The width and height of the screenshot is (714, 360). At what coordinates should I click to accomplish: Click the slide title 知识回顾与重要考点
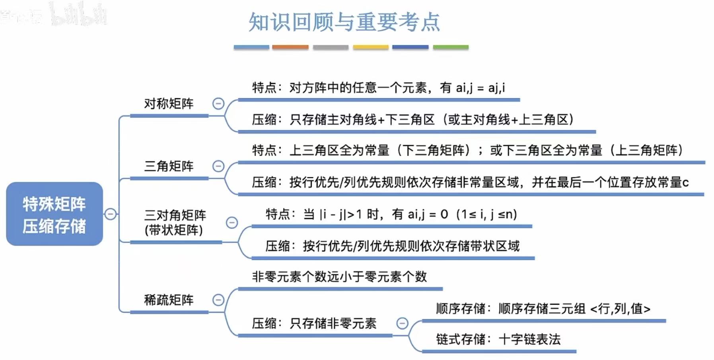coord(344,22)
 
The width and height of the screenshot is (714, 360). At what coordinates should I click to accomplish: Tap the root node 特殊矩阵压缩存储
coord(54,214)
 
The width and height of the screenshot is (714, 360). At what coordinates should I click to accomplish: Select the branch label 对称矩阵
coord(169,104)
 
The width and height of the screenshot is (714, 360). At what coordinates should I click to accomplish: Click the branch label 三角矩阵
coord(169,166)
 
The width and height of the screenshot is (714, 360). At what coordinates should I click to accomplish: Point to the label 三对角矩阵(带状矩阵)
coord(175,222)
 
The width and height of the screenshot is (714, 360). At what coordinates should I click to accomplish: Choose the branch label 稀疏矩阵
coord(169,300)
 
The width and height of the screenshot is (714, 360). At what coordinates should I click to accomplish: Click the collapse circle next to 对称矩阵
coord(218,104)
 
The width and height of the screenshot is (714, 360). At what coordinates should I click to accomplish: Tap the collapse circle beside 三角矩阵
coord(218,166)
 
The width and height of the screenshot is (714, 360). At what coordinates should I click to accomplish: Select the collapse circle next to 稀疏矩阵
coord(218,300)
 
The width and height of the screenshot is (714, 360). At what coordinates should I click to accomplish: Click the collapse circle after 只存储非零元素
coord(403,323)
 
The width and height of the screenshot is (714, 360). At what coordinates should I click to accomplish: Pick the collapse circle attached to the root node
coord(111,214)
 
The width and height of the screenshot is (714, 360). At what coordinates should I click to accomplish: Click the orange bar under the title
coord(290,47)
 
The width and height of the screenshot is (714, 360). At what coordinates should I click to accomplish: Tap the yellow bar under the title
coord(371,47)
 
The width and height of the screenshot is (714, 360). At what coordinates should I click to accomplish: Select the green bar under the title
coord(451,47)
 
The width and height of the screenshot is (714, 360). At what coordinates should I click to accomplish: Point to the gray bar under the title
coord(331,47)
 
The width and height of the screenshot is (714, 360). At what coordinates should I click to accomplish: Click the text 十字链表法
coord(529,339)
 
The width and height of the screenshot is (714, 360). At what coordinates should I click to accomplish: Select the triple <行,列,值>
coord(620,309)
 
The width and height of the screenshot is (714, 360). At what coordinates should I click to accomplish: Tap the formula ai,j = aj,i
coord(481,88)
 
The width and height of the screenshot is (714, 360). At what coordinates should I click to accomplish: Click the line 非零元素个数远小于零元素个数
coord(339,277)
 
